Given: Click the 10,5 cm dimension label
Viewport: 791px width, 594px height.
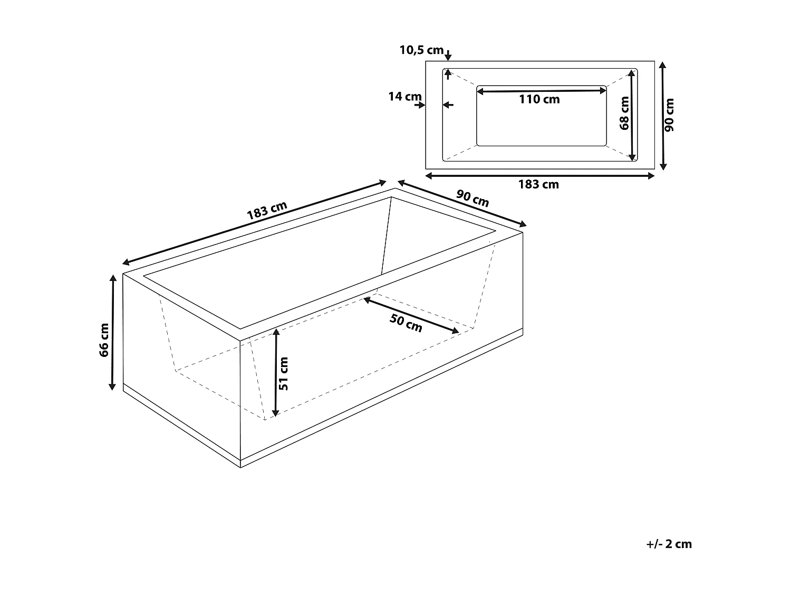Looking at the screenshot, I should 421,50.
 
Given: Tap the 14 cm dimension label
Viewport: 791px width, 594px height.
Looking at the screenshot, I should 404,97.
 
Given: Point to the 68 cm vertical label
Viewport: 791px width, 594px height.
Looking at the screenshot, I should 624,112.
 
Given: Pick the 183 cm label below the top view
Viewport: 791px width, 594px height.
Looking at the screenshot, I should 538,184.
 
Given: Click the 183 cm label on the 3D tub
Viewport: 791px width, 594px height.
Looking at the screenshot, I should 267,211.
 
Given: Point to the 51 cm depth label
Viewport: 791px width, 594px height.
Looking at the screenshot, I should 283,373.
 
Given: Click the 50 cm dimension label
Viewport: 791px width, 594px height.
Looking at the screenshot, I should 406,323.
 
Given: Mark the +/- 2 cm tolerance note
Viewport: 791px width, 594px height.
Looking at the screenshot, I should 668,544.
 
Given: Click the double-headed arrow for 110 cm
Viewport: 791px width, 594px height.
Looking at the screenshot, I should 542,91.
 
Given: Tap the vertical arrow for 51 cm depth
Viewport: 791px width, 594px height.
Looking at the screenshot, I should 275,372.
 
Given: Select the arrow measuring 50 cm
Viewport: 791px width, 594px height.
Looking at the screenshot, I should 411,315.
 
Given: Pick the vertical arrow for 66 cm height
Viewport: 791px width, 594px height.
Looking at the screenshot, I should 112,332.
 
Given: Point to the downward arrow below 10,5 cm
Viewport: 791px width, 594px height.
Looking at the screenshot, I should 448,55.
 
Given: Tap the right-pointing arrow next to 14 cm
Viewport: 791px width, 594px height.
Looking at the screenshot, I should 420,105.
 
